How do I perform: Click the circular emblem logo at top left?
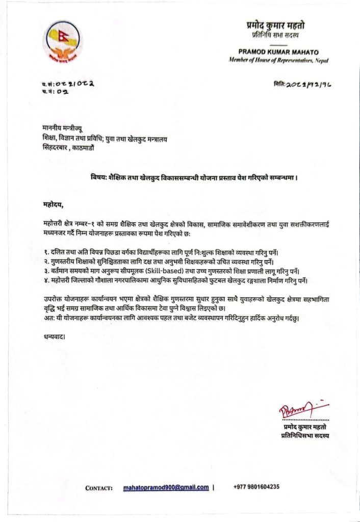click(64, 41)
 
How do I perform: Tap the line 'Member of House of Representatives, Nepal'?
click(278, 60)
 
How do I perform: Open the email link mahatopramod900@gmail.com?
click(166, 487)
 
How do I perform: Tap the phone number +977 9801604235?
click(256, 487)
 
